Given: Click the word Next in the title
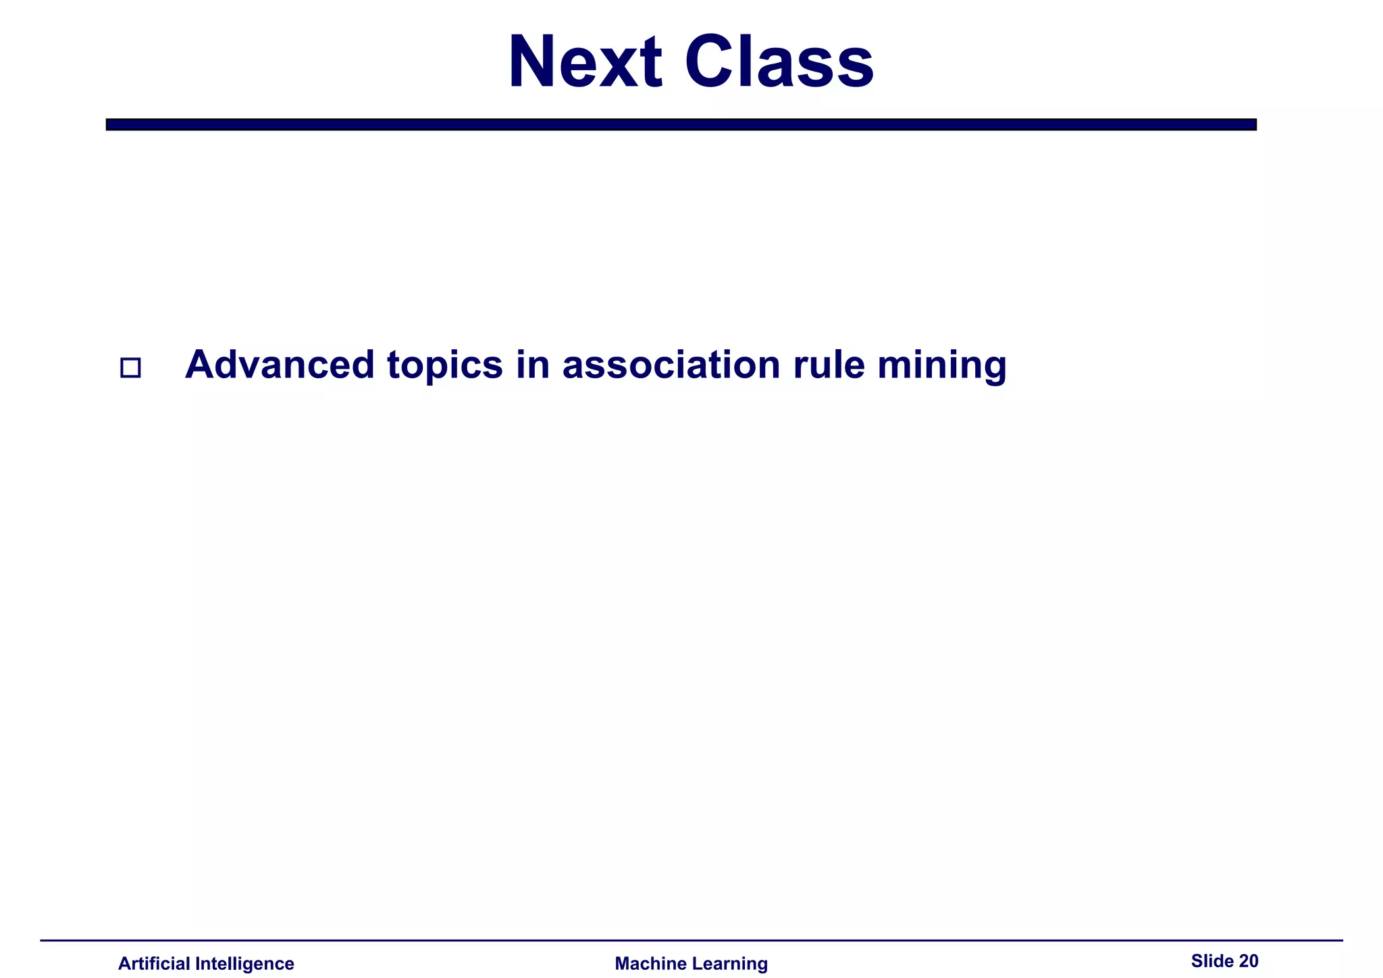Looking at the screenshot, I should coord(585,62).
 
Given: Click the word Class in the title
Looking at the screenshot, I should coord(779,62).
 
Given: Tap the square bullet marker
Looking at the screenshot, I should coord(130,367).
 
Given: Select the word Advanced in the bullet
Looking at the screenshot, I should coord(280,365).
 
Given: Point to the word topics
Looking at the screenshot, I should coord(445,366).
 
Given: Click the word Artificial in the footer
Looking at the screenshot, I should coord(154,964).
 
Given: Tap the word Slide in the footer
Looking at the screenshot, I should coord(1212,961).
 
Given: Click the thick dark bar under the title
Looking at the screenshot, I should coord(681,124).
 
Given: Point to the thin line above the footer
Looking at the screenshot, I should coord(691,940).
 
